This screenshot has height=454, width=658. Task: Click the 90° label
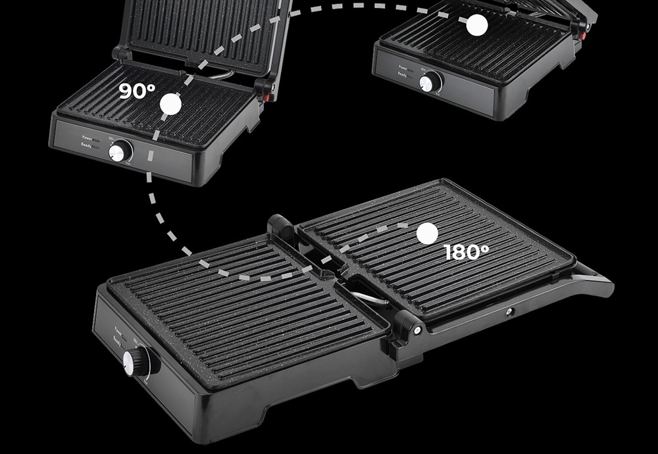pyautogui.click(x=138, y=91)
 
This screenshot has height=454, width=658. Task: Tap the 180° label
pyautogui.click(x=467, y=252)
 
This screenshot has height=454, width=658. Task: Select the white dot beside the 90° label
pyautogui.click(x=170, y=104)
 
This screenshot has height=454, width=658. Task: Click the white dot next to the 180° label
pyautogui.click(x=427, y=232)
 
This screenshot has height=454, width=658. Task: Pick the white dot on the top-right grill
pyautogui.click(x=477, y=26)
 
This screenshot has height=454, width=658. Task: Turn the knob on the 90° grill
pyautogui.click(x=120, y=152)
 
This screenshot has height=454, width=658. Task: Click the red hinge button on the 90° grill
pyautogui.click(x=268, y=97)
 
